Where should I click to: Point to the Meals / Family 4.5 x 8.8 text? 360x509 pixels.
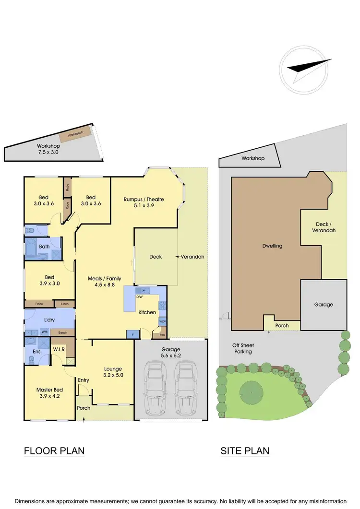[x=104, y=282]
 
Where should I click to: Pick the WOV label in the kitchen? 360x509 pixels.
[x=162, y=321]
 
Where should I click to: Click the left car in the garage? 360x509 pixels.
[x=155, y=389]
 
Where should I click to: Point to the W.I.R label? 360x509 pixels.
[x=60, y=348]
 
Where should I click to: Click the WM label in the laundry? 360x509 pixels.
[x=44, y=331]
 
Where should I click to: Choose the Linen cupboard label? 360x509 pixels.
[x=64, y=304]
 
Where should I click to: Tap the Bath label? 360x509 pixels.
[x=44, y=247]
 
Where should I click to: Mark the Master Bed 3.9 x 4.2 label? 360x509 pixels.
[x=48, y=393]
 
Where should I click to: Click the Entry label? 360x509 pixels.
[x=84, y=380]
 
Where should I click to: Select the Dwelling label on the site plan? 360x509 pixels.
[x=272, y=246]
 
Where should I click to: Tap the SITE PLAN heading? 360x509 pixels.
[x=245, y=451]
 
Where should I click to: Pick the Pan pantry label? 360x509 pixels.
[x=162, y=335]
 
